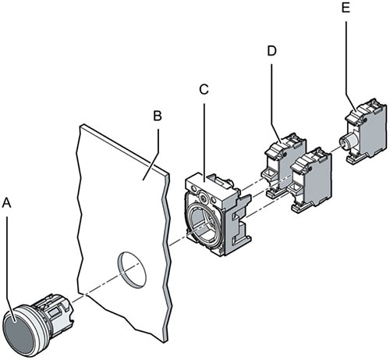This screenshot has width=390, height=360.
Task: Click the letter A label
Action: click(8, 202)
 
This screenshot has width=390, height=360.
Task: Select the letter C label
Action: click(203, 88)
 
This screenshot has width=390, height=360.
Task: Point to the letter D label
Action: click(271, 51)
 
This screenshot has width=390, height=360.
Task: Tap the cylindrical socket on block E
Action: click(348, 141)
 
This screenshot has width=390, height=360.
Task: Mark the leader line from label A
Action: click(9, 258)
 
